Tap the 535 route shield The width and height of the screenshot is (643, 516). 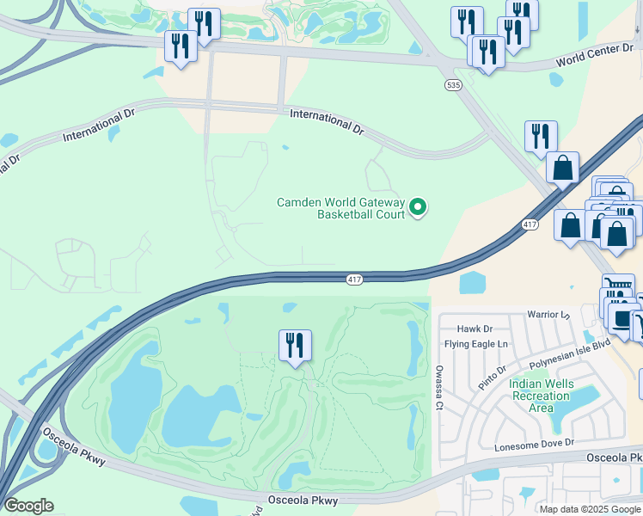(452, 85)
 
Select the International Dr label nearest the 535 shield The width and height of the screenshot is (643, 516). (327, 120)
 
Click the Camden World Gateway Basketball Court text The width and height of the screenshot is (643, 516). (340, 208)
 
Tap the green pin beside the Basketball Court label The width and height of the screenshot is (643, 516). (418, 206)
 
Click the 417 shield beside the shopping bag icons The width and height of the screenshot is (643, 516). (530, 224)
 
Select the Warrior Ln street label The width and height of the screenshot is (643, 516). (548, 316)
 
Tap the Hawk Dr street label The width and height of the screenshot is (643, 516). (475, 329)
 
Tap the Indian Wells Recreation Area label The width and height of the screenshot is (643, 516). (539, 396)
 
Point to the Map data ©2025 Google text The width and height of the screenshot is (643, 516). (590, 509)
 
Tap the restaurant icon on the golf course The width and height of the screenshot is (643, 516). (295, 345)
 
